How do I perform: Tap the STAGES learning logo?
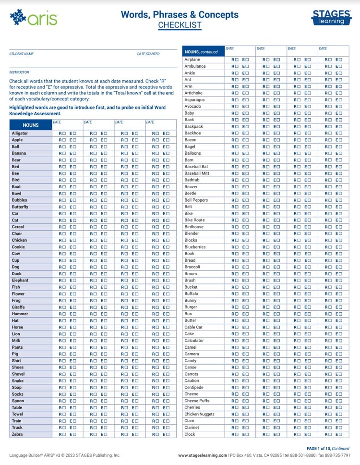pos(331,17)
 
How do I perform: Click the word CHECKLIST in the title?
pos(180,25)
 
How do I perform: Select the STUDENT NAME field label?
pos(22,54)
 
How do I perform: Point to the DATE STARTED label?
pos(148,54)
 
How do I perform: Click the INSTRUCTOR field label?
pos(19,72)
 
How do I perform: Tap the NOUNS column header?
pos(31,125)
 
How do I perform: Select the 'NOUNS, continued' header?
pos(201,52)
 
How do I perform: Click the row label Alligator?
pos(20,133)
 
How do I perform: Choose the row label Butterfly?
pos(20,207)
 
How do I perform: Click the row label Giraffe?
pos(18,307)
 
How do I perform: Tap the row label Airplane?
pos(192,60)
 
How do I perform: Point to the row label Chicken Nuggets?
pos(200,414)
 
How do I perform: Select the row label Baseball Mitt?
pos(197,173)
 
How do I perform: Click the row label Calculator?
pos(194,341)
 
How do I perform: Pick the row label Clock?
pos(190,434)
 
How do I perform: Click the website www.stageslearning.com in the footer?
pos(203,455)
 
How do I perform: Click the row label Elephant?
pos(20,280)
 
